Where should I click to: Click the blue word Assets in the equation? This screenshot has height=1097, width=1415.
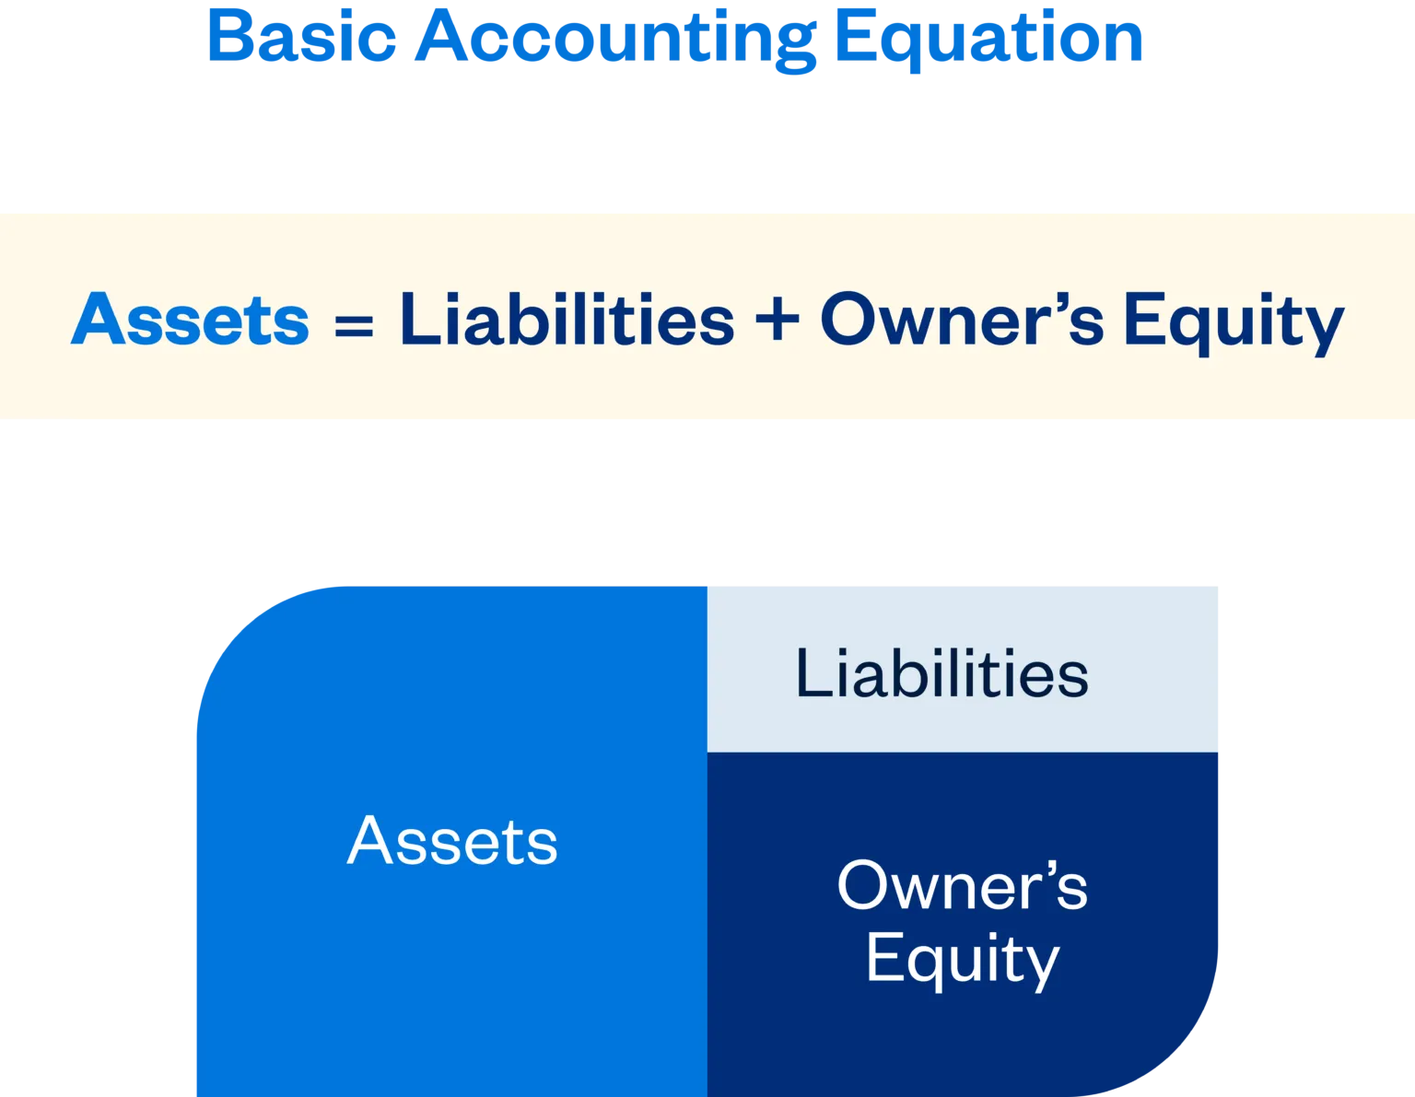coord(190,320)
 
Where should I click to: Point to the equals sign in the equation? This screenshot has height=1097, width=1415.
coord(354,324)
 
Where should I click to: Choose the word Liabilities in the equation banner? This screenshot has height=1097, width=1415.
coord(567,320)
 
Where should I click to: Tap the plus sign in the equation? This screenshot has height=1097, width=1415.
coord(777,320)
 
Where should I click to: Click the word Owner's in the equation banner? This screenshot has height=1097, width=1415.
coord(961,320)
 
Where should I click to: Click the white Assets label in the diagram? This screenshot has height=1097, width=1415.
coord(452,841)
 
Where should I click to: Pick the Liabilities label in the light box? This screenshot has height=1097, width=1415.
coord(941,673)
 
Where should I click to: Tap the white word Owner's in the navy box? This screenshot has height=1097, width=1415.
coord(962,886)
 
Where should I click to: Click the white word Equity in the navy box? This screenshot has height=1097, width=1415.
coord(963,960)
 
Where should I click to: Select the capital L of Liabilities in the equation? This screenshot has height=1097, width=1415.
coord(415,320)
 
